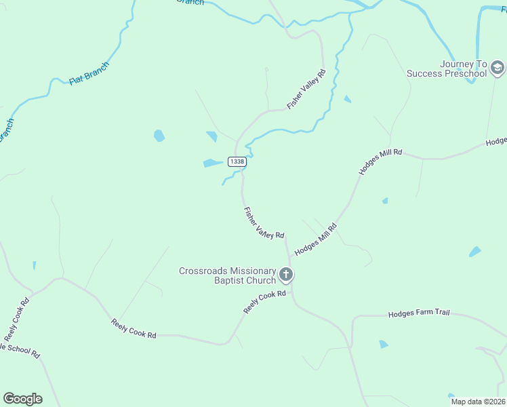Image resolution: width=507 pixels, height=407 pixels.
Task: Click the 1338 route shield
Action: [237, 161]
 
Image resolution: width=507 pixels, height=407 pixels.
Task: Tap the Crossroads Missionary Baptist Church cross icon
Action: [286, 275]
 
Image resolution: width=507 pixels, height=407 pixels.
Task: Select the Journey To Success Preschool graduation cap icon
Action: [498, 67]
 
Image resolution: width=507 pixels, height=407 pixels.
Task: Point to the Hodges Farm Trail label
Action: [418, 314]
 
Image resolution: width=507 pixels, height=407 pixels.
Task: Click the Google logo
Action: [22, 399]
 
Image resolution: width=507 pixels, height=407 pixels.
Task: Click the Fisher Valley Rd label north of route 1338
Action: [306, 89]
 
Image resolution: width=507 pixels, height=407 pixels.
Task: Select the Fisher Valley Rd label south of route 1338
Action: [264, 223]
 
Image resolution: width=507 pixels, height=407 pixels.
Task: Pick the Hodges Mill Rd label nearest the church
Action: [315, 239]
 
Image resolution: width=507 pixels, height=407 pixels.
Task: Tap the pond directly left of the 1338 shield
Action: [211, 163]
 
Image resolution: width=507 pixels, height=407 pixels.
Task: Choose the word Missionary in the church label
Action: [252, 271]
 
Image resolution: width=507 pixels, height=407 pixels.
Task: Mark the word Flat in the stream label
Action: [76, 81]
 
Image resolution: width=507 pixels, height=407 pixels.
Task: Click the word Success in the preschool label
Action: [424, 73]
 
